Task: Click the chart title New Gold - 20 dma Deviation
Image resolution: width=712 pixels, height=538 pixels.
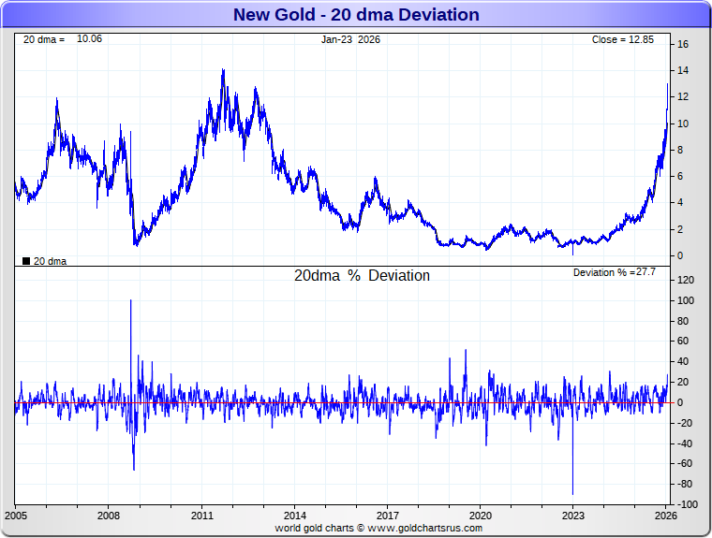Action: (355, 15)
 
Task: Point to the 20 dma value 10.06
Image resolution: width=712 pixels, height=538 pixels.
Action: (89, 39)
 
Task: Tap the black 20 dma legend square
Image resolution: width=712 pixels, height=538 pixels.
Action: (26, 261)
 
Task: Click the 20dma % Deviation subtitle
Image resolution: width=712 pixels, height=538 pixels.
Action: (362, 276)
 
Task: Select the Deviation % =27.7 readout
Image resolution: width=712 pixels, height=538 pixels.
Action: (614, 272)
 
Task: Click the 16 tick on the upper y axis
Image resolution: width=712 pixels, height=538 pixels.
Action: (684, 45)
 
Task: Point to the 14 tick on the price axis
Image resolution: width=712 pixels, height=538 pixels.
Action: (684, 71)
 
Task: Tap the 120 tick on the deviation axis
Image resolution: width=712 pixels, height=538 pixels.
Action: (685, 281)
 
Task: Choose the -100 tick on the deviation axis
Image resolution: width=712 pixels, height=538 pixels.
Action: (686, 505)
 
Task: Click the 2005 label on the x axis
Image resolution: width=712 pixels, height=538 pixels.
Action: (17, 516)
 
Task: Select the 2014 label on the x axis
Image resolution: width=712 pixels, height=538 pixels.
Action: (294, 516)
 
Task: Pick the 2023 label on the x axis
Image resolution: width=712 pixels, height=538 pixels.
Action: (572, 516)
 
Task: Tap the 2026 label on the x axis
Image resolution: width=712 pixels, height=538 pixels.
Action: (665, 516)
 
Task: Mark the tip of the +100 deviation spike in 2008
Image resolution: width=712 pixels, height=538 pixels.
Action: (130, 300)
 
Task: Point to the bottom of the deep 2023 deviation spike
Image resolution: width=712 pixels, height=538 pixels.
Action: (572, 494)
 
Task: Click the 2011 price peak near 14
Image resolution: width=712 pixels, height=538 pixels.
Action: (223, 70)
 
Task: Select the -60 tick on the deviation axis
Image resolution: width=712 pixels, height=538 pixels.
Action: (686, 464)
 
